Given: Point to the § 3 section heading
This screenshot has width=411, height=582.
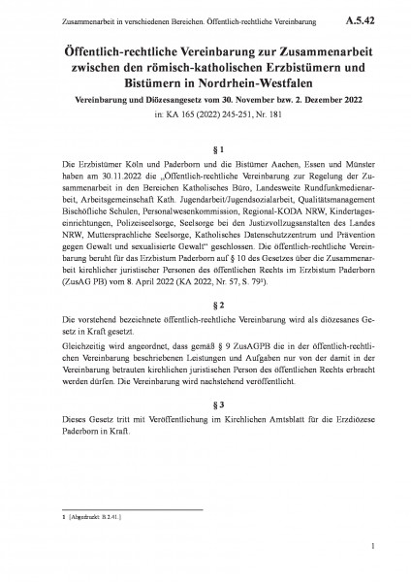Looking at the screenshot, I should [205, 428].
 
